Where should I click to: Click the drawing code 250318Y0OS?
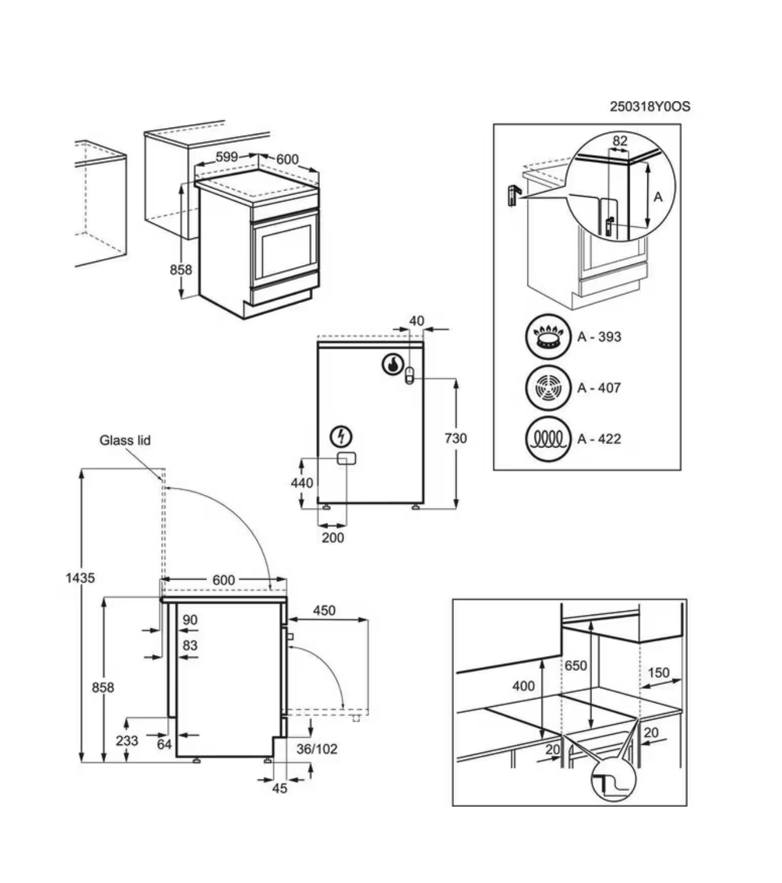click(650, 106)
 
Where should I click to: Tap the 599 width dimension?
click(226, 156)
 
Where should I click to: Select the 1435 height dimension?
click(80, 578)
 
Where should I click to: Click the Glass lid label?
click(125, 440)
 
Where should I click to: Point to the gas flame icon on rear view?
click(391, 364)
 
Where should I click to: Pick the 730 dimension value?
click(456, 438)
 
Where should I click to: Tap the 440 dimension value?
click(302, 483)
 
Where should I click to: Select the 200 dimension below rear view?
click(333, 537)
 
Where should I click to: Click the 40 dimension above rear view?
click(416, 321)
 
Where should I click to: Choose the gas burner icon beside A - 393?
click(548, 337)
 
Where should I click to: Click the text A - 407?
click(599, 388)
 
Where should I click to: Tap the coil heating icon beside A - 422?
click(548, 439)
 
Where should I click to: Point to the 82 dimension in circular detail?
click(620, 141)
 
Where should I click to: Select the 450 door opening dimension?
click(324, 610)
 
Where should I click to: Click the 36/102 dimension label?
click(317, 748)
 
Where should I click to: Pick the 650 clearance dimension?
click(576, 665)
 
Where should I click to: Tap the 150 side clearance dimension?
click(659, 672)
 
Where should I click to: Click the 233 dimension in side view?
click(127, 740)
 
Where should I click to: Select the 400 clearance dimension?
click(523, 685)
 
